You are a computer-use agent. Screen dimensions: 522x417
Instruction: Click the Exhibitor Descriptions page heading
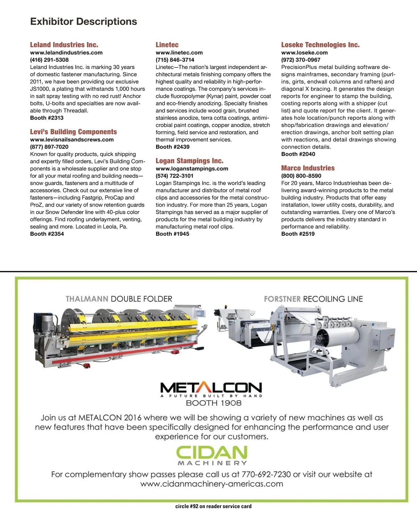tap(83, 22)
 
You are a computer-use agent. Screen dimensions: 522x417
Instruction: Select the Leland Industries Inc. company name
tap(64, 45)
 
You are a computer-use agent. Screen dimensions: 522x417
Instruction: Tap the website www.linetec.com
tap(179, 52)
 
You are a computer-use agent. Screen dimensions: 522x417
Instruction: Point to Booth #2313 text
tap(47, 118)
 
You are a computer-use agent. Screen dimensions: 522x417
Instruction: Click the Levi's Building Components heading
tap(73, 132)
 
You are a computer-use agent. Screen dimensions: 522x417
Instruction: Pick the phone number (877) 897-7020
tap(49, 147)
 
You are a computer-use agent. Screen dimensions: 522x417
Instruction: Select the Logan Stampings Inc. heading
tap(189, 161)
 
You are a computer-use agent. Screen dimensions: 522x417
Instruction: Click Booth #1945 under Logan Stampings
tap(172, 234)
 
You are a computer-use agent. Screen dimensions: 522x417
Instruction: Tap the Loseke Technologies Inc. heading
tap(320, 45)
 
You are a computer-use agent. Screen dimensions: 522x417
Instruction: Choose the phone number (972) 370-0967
tap(301, 60)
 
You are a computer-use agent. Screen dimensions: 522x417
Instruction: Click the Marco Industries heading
tap(308, 168)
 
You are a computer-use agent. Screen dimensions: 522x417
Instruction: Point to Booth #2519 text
tap(298, 234)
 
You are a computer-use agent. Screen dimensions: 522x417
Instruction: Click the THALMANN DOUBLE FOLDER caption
tap(119, 299)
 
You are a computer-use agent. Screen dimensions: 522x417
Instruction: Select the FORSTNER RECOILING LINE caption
tap(313, 299)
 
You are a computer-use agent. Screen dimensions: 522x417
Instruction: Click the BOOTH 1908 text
tap(213, 403)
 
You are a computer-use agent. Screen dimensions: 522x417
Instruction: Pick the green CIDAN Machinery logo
tap(212, 455)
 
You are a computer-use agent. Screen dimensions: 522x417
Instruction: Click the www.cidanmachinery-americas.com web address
tap(212, 484)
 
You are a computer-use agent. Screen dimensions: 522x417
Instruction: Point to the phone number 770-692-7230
tap(266, 474)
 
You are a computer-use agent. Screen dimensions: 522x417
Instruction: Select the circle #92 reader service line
tap(213, 506)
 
